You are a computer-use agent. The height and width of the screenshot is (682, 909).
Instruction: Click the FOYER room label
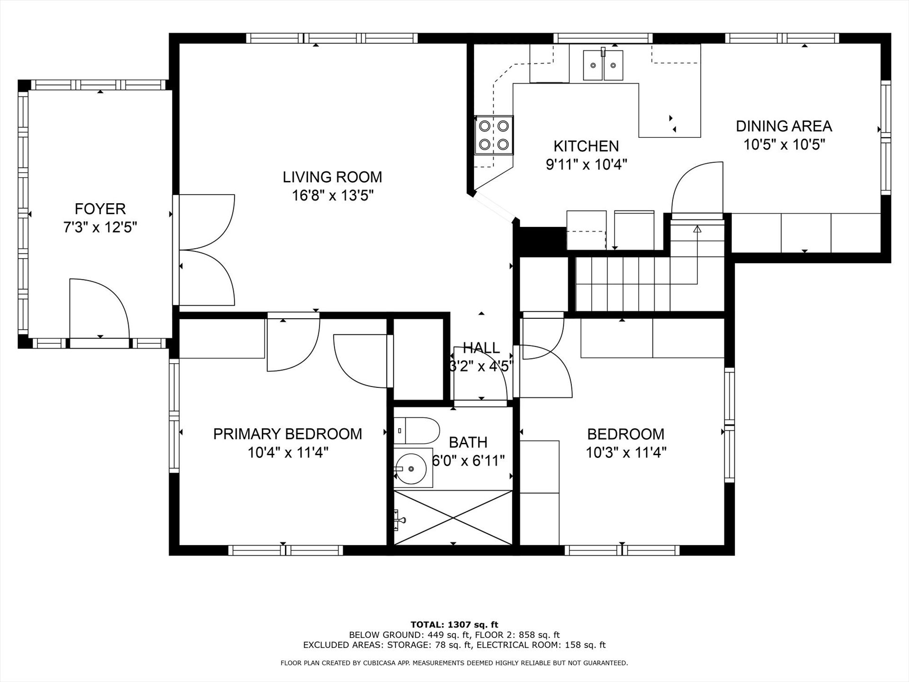[x=100, y=209]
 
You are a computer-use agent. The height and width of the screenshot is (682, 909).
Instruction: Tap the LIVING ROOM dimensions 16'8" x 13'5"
[x=333, y=195]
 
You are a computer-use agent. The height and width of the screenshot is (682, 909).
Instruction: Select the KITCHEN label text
[x=586, y=146]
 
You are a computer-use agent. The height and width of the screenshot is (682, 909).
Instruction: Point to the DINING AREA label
[x=784, y=126]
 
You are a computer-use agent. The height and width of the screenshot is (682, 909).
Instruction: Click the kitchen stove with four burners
[x=494, y=135]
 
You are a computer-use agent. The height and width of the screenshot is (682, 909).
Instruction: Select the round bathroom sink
[x=413, y=468]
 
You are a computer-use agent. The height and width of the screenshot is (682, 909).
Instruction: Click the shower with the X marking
[x=453, y=518]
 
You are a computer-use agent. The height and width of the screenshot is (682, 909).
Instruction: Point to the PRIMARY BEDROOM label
[x=287, y=434]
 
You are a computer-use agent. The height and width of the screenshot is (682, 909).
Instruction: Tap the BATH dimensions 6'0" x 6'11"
[x=469, y=460]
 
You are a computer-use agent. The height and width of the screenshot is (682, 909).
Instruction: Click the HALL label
[x=481, y=348]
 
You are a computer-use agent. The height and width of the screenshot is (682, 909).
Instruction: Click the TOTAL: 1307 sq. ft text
[x=454, y=625]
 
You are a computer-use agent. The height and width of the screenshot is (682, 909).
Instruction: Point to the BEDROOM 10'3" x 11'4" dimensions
[x=626, y=453]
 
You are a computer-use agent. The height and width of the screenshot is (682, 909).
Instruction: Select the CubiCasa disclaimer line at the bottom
[x=454, y=663]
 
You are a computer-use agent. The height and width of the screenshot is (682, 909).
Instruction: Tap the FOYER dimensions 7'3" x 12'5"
[x=100, y=228]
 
